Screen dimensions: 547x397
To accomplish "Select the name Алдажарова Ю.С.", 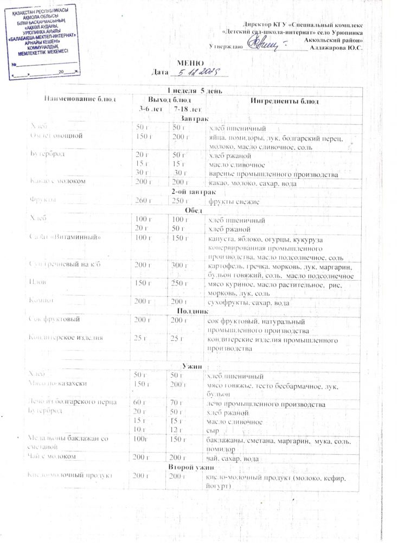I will (336, 48).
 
